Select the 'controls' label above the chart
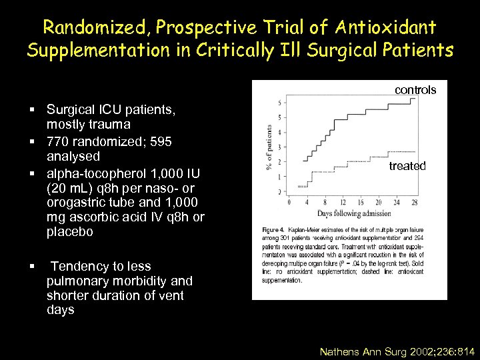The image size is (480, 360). coord(415,89)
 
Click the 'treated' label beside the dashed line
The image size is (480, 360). coord(407,166)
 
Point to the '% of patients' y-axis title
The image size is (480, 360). coord(269,147)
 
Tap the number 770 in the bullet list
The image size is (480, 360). coord(58,141)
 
